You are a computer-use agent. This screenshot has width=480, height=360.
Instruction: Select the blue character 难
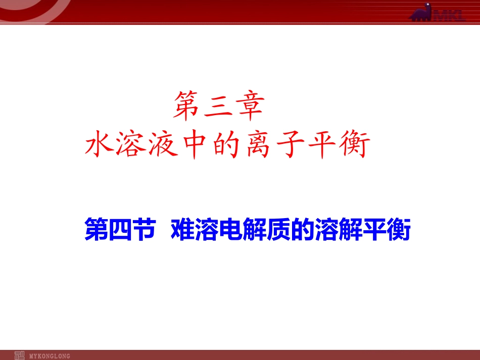click(182, 230)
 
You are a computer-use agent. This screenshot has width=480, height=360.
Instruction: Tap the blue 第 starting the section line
click(95, 230)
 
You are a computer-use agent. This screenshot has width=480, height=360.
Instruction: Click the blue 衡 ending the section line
click(398, 230)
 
